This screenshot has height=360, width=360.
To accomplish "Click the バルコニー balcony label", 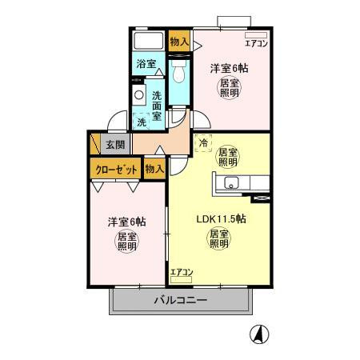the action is click(181, 300).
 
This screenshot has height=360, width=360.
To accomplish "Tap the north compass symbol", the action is click(259, 334).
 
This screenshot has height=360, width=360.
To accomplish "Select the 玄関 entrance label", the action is click(115, 145).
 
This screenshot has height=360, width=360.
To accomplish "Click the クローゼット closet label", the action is click(116, 170).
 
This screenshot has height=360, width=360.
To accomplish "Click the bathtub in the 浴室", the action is click(149, 41).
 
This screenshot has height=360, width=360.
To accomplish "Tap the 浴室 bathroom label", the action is click(146, 64).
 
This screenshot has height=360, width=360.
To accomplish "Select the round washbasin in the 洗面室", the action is click(138, 95).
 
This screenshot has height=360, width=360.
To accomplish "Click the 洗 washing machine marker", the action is click(142, 122).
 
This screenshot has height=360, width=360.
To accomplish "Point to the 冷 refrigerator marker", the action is click(203, 143).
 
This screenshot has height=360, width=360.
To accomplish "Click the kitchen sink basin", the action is click(231, 183).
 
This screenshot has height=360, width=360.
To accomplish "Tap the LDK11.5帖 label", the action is click(221, 219).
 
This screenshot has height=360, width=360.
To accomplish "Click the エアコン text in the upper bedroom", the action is click(256, 43).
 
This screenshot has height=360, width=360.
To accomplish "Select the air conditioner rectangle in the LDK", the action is click(181, 280).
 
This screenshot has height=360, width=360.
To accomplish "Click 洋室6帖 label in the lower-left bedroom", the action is click(126, 222).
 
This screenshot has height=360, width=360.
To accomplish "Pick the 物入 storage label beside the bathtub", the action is click(179, 42).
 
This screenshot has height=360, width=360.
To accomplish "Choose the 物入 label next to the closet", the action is click(154, 169).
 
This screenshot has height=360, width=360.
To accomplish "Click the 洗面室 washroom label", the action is click(157, 106).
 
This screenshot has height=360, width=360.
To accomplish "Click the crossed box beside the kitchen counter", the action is click(261, 198).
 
